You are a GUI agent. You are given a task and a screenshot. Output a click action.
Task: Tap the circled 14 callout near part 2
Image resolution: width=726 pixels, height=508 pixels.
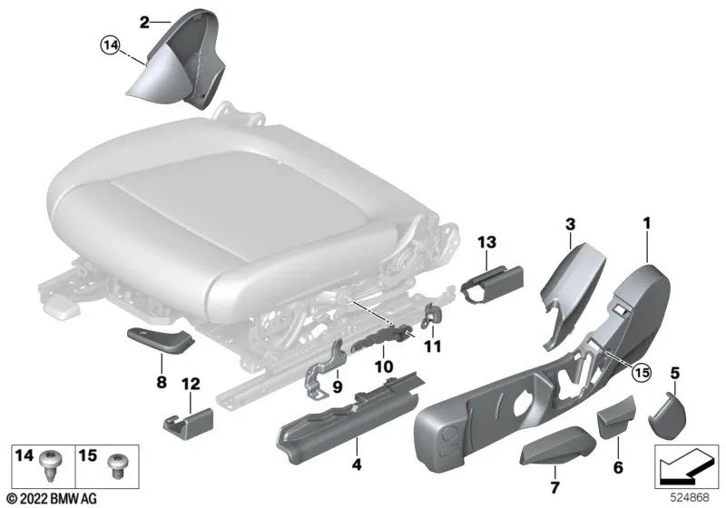(111, 43)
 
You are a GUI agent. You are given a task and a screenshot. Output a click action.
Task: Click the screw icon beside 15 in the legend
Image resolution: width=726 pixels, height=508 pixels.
(115, 466)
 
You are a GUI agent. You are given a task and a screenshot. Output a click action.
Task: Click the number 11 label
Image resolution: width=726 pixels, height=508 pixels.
(431, 346)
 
